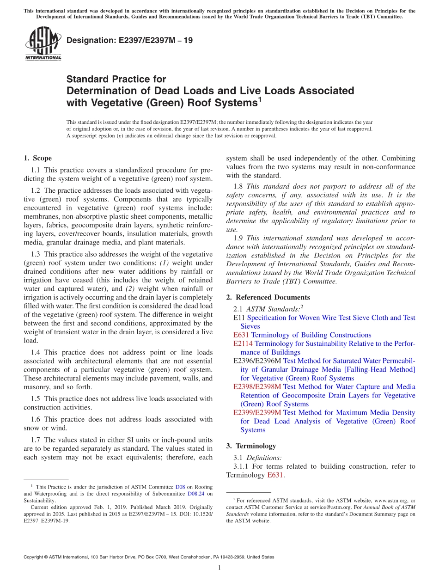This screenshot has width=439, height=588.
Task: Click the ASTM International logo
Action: click(43, 44)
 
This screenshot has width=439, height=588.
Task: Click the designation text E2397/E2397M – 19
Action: click(130, 40)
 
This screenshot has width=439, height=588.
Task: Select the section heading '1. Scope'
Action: click(37, 158)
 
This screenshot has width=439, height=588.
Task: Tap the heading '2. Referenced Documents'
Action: click(268, 297)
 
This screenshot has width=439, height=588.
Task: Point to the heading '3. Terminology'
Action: click(251, 446)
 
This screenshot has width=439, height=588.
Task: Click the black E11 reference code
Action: click(239, 318)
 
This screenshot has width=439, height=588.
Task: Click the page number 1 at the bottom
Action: click(219, 568)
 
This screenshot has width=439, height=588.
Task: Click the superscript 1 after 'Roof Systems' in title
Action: click(260, 98)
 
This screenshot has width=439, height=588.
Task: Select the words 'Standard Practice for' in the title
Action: click(116, 79)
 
